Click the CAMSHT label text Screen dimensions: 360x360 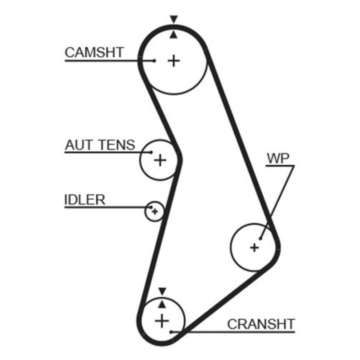[x=94, y=52]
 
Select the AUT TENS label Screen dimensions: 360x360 [x=100, y=145]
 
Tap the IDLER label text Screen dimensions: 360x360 [x=84, y=199]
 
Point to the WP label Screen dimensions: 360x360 [x=278, y=158]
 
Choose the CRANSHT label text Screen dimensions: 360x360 [x=261, y=324]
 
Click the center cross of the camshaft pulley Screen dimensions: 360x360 [x=173, y=61]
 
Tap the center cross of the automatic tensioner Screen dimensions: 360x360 [x=160, y=160]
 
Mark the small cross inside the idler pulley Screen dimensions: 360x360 [x=155, y=211]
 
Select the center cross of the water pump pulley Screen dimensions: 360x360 [x=254, y=247]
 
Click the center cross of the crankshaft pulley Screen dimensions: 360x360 [x=162, y=320]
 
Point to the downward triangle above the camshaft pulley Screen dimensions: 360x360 [x=174, y=19]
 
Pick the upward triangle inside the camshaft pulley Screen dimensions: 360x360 [x=173, y=34]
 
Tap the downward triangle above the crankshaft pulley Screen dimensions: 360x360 [x=162, y=291]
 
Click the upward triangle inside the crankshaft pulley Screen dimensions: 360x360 [x=162, y=304]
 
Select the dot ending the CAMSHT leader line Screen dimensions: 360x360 [x=154, y=61]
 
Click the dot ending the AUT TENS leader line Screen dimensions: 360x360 [x=151, y=152]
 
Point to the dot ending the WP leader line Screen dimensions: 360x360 [x=260, y=239]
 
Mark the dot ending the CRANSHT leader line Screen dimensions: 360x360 [x=171, y=332]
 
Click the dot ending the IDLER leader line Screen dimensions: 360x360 [x=151, y=207]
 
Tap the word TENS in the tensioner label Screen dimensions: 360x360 [x=117, y=145]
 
